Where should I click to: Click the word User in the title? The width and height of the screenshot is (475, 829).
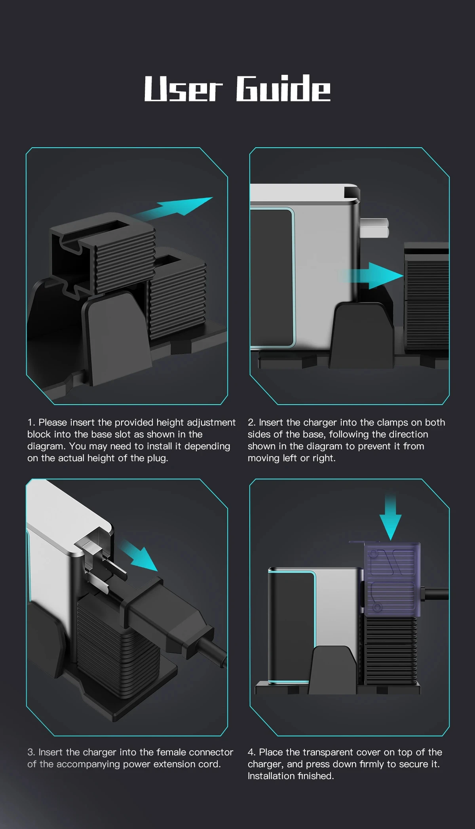(184, 89)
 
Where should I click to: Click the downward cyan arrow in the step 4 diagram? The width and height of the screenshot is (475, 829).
(390, 517)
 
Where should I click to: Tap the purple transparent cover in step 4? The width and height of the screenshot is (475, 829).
(392, 579)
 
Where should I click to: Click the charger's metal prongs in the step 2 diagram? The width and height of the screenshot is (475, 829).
(374, 228)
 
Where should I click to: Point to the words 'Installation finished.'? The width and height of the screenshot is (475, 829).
(291, 776)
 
